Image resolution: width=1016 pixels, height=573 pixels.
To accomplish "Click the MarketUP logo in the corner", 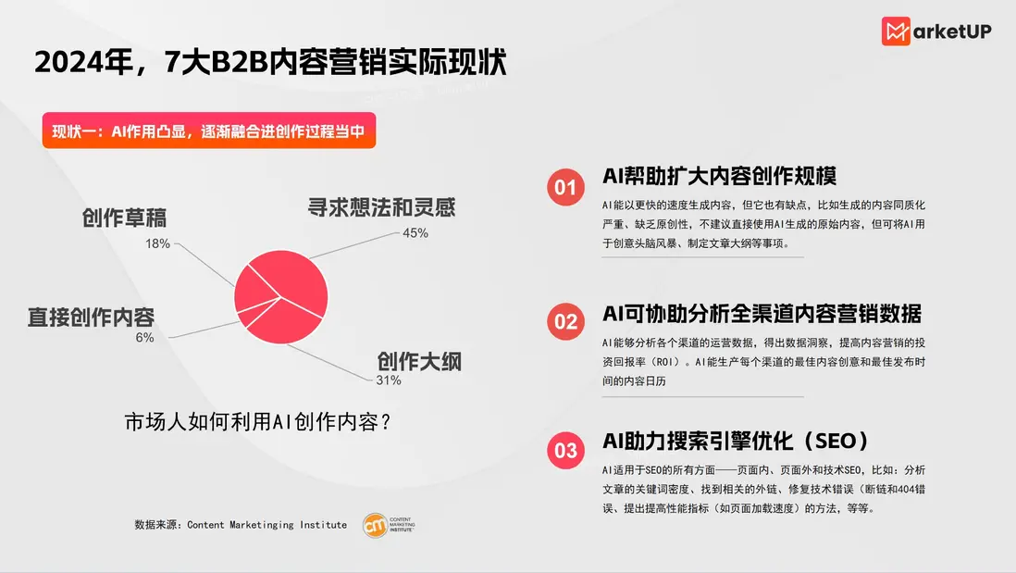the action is pyautogui.click(x=936, y=31).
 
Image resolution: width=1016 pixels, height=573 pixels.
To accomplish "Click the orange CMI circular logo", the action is pyautogui.click(x=375, y=526).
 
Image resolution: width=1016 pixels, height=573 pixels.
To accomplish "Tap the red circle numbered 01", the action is pyautogui.click(x=565, y=187).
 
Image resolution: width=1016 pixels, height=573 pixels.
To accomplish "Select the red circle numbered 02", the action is pyautogui.click(x=565, y=321).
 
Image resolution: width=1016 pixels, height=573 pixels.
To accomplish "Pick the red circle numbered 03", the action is pyautogui.click(x=565, y=450).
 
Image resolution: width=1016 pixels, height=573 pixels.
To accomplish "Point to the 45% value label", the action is pyautogui.click(x=415, y=232).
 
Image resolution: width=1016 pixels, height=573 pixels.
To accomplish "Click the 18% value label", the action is pyautogui.click(x=157, y=243).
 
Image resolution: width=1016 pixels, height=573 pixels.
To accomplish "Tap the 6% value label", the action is pyautogui.click(x=144, y=338).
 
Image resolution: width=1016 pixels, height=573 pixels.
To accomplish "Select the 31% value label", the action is pyautogui.click(x=389, y=380).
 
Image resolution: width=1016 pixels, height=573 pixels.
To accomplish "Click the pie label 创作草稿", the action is pyautogui.click(x=124, y=218).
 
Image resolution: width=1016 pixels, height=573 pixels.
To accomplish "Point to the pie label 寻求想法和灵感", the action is pyautogui.click(x=381, y=207).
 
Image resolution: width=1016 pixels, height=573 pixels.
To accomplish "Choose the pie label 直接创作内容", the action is pyautogui.click(x=92, y=317).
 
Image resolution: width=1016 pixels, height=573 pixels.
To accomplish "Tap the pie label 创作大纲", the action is pyautogui.click(x=420, y=362).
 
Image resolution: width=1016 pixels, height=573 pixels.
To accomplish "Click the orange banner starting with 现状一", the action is pyautogui.click(x=208, y=131).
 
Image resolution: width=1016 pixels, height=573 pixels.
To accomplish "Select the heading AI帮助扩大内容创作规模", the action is pyautogui.click(x=719, y=176).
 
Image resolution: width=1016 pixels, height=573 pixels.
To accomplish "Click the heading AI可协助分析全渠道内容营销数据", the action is pyautogui.click(x=762, y=314).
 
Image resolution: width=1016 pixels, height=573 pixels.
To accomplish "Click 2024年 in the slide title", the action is pyautogui.click(x=83, y=62).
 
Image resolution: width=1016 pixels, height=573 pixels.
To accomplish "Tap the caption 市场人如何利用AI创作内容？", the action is pyautogui.click(x=258, y=422).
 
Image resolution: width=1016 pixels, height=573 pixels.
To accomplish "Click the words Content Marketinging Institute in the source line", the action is pyautogui.click(x=267, y=525).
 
